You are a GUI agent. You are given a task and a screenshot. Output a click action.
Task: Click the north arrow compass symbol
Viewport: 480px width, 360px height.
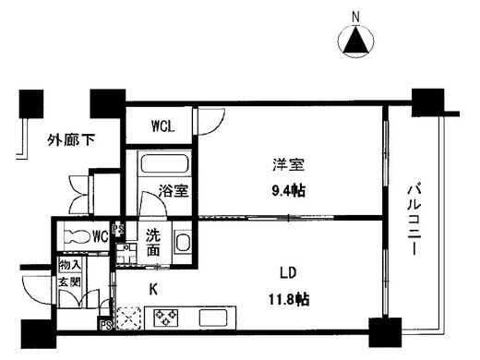(x=356, y=41)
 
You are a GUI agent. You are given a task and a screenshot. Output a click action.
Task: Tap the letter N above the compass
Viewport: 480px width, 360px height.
(x=356, y=17)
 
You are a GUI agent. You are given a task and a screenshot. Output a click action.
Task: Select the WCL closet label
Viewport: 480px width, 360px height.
(x=162, y=126)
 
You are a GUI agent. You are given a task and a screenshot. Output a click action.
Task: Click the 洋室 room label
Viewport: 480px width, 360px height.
(x=288, y=164)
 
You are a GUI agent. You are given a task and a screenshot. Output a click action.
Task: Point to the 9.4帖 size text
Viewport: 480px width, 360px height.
(x=288, y=191)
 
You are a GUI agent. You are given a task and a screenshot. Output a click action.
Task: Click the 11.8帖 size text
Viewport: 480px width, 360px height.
(x=289, y=299)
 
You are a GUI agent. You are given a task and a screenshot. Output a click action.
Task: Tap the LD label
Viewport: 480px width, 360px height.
(x=288, y=273)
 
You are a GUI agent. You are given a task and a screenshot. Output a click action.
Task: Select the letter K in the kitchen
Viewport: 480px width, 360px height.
(x=153, y=290)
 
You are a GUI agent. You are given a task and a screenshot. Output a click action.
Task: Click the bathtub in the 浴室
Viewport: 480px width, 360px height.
(x=164, y=163)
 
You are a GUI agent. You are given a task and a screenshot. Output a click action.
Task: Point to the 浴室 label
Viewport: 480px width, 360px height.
(x=174, y=191)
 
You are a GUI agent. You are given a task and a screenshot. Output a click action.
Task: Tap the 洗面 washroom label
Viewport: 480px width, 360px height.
(x=153, y=243)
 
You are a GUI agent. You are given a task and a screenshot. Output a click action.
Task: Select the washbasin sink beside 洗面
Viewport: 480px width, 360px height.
(x=182, y=243)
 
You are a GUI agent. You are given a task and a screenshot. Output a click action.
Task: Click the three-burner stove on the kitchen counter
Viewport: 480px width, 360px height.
(x=166, y=318)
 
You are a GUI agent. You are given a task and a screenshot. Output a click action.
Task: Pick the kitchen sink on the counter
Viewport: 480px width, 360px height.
(x=213, y=318)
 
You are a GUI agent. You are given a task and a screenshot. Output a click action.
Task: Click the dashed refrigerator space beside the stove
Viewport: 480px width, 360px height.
(x=128, y=318)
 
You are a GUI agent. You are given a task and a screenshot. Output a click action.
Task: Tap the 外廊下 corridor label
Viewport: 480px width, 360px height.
(x=71, y=140)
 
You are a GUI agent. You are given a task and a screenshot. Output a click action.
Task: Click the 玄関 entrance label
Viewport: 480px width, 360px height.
(x=70, y=282)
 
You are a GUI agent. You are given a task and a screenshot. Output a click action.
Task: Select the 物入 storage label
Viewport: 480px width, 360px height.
(x=70, y=265)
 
